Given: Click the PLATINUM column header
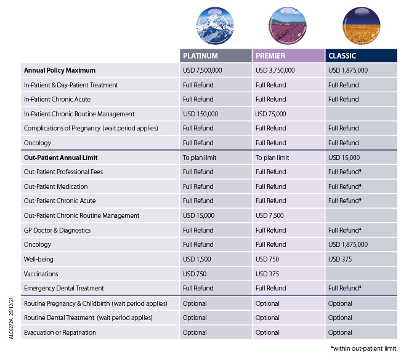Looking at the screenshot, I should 200,56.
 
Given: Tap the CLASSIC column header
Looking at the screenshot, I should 342,56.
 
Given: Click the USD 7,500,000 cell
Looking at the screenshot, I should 203,70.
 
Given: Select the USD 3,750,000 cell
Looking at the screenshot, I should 275,70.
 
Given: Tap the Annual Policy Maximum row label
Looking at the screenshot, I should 60,70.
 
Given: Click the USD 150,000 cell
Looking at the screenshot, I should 201,114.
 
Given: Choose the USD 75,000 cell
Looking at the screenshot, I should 271,114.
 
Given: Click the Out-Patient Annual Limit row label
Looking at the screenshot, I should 61,158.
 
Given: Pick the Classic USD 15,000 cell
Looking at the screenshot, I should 344,158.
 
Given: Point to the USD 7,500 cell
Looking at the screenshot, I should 269,215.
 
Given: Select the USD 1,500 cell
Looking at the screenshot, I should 197,259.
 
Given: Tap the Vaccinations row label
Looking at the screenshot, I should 41,274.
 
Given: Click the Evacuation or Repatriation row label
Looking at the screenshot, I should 60,332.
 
